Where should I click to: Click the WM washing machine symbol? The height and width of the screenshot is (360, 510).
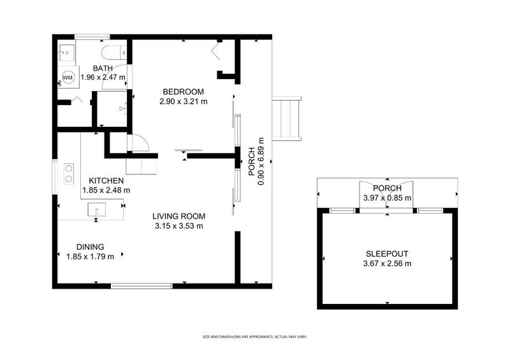tap(68, 78)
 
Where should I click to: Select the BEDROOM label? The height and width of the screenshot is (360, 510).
tap(182, 91)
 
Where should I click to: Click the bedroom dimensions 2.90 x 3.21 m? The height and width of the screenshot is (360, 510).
tap(184, 101)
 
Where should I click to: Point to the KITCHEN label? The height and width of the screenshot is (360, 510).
tap(106, 180)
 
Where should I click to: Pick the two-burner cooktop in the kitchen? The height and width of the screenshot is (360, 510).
tap(68, 174)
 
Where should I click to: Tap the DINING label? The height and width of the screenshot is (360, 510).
tap(90, 247)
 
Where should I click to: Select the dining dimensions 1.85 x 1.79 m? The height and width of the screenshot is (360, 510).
tap(91, 257)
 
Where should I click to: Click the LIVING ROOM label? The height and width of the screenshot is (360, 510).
tap(178, 215)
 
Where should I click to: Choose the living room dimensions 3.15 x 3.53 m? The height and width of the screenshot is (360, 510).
tap(179, 225)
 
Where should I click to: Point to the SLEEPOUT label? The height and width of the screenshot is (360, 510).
tap(388, 253)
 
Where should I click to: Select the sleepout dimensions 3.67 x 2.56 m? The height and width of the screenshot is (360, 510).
tap(388, 263)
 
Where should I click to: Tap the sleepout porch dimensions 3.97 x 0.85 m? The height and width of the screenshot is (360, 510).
tap(388, 198)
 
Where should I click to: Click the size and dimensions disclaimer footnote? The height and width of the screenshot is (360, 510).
tap(255, 336)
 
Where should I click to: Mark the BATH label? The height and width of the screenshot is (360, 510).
tap(103, 68)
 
